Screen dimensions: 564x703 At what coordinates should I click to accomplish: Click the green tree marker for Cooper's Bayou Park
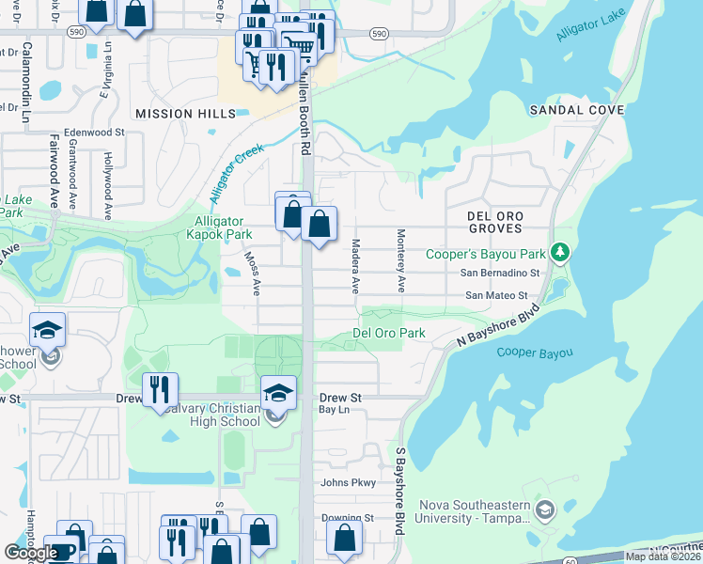point(560,252)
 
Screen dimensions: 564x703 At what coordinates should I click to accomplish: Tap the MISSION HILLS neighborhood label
point(180,113)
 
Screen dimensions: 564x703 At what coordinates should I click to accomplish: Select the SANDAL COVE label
point(576,110)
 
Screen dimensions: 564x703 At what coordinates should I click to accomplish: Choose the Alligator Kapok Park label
point(219,227)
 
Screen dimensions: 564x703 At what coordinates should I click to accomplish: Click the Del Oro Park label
point(388,333)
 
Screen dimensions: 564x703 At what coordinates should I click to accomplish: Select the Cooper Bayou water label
point(534,352)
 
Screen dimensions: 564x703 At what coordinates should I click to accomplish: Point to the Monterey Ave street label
point(401,259)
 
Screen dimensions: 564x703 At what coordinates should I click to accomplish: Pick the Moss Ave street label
point(252,274)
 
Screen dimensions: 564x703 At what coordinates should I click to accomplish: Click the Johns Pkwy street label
point(348,483)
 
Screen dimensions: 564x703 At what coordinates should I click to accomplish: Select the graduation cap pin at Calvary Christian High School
point(278,392)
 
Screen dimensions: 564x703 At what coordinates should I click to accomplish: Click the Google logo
point(30,553)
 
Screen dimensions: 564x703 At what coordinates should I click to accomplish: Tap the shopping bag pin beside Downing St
point(345,538)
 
